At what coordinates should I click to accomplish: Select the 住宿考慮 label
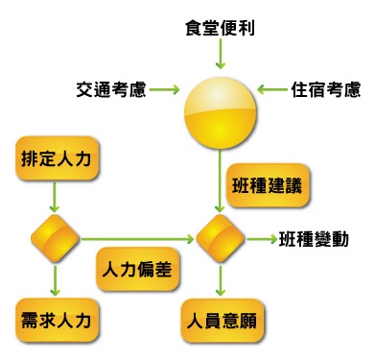point(326,90)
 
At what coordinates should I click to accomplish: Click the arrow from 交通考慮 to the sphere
point(165,90)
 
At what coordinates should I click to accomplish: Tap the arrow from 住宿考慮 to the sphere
point(272,90)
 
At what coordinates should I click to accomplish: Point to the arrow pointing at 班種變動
point(261,236)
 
